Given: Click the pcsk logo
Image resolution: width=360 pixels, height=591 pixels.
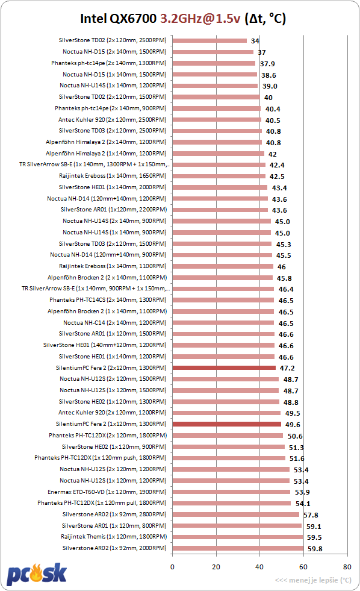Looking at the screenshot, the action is pyautogui.click(x=37, y=574).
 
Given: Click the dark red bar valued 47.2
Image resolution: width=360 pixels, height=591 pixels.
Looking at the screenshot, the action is pyautogui.click(x=224, y=368).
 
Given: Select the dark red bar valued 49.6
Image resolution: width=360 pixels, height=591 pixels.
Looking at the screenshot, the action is pyautogui.click(x=227, y=424).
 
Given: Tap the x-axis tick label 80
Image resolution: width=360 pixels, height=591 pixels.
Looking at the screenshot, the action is pyautogui.click(x=347, y=567).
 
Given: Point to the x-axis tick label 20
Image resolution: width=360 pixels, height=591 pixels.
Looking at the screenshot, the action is pyautogui.click(x=216, y=567).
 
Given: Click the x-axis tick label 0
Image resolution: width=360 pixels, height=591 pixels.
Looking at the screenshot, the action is pyautogui.click(x=172, y=567).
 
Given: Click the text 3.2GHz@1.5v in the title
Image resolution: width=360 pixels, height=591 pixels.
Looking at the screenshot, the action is pyautogui.click(x=200, y=19).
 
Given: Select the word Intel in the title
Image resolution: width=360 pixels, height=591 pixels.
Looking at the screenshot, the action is pyautogui.click(x=93, y=19).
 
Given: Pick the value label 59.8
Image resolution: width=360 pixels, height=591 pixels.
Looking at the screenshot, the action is pyautogui.click(x=315, y=549).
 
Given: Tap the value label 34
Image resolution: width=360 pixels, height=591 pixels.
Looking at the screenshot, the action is pyautogui.click(x=255, y=41).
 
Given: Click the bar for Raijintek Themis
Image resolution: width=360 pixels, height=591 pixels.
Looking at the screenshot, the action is pyautogui.click(x=238, y=537).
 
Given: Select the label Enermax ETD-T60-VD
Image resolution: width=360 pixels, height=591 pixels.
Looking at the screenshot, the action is pyautogui.click(x=76, y=492).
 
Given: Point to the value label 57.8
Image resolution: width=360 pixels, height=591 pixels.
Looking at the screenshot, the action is pyautogui.click(x=311, y=515).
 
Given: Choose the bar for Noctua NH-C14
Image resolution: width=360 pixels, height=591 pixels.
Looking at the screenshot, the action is pyautogui.click(x=223, y=323).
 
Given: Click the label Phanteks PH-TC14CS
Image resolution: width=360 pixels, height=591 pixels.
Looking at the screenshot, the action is pyautogui.click(x=77, y=299).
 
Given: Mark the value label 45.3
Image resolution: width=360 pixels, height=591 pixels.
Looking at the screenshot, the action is pyautogui.click(x=284, y=245).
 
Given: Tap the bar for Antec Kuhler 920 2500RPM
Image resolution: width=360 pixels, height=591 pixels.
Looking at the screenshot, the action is pyautogui.click(x=217, y=119).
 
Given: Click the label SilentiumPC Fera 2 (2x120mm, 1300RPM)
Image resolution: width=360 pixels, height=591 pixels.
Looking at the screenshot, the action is pyautogui.click(x=111, y=368).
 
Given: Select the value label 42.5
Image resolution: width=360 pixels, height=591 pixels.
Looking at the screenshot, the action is pyautogui.click(x=277, y=177).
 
